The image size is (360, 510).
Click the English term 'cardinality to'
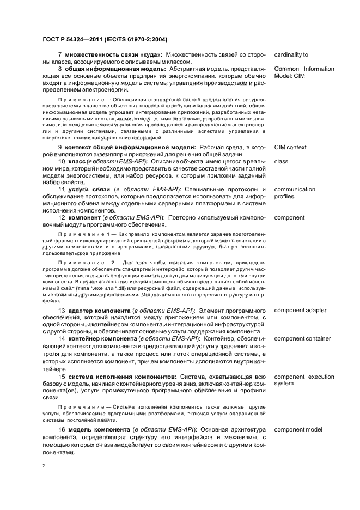coord(291,55)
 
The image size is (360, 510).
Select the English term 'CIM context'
coord(290,148)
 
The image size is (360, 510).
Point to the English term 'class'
coord(281,162)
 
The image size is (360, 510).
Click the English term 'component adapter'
coord(300,311)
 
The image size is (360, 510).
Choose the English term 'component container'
coord(302,339)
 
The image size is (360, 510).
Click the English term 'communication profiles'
coord(295,193)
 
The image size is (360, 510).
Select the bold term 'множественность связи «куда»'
coord(113,55)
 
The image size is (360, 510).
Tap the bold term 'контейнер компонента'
coord(104,339)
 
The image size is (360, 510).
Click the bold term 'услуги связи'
coord(87,190)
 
